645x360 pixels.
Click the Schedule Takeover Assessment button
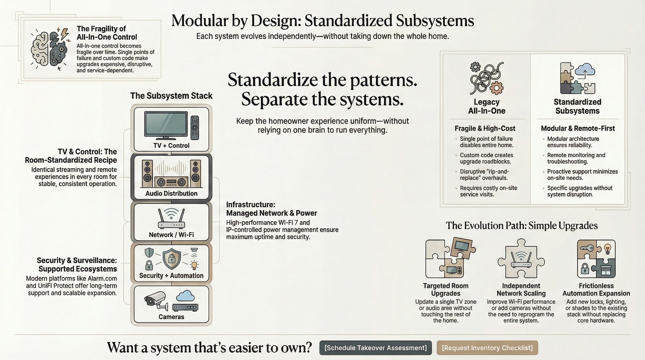coord(375,348)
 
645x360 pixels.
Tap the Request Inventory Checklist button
coord(487,348)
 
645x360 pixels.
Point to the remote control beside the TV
coord(195,127)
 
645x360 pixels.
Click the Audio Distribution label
coord(171,193)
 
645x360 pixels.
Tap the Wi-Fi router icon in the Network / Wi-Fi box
coord(171,219)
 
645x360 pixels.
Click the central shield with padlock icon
coord(171,259)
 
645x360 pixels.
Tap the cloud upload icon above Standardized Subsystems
coord(585,70)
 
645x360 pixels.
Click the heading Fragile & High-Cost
coord(485,128)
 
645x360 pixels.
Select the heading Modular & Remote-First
coord(578,128)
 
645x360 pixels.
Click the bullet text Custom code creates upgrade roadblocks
coord(486,158)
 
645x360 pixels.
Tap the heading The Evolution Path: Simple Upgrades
coord(521,226)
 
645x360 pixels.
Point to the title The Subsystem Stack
coord(171,96)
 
